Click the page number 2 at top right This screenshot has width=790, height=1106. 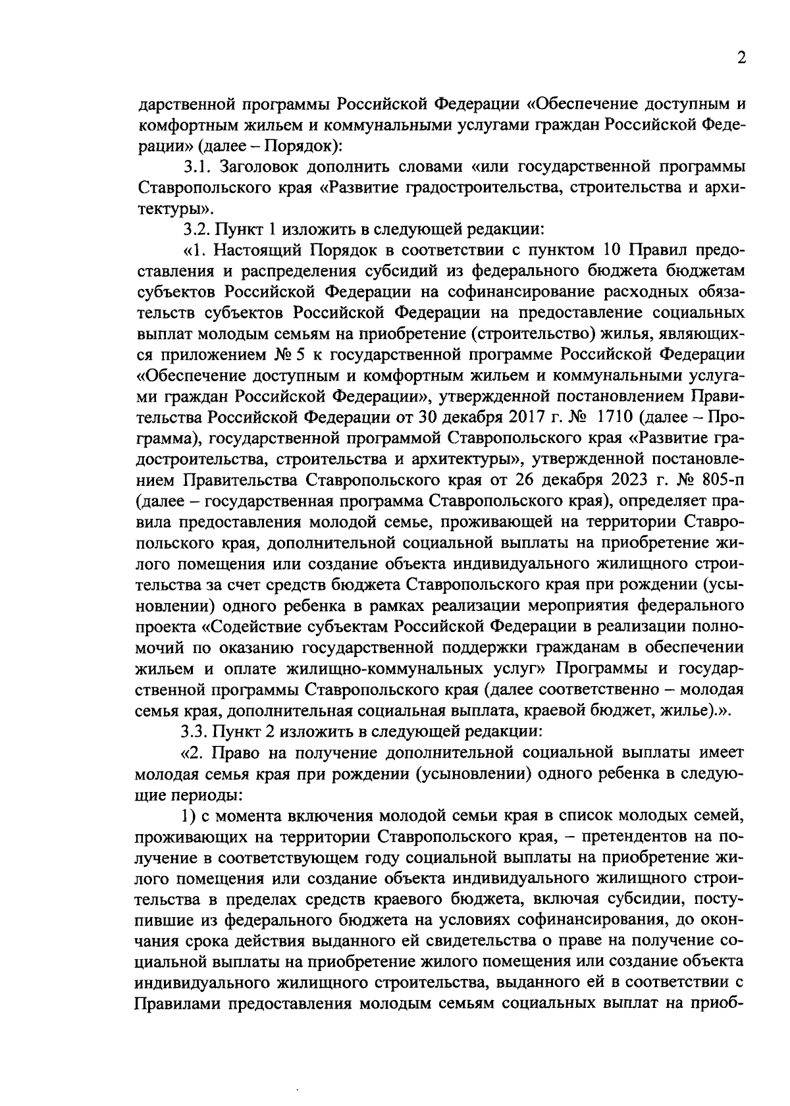(x=741, y=59)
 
